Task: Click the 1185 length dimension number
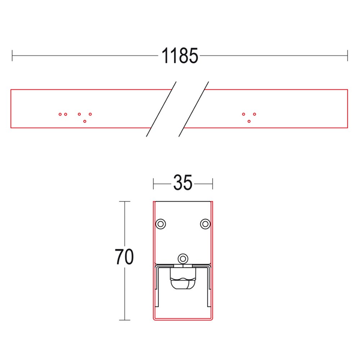pos(180,56)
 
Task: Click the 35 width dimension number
pos(183,183)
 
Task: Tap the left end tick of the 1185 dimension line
pos(12,56)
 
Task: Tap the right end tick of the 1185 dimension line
pos(347,56)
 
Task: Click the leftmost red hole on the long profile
pos(60,114)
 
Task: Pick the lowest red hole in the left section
pos(85,121)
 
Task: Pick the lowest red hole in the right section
pos(249,121)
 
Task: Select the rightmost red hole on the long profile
pos(255,114)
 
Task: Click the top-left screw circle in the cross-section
pos(160,224)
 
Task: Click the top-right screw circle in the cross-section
pos(205,224)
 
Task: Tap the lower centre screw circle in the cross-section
pos(183,258)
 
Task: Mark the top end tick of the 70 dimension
pos(125,202)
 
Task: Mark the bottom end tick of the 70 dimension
pos(125,320)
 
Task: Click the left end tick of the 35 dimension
pos(154,183)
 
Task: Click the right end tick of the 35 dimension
pos(213,183)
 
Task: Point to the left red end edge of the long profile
pos(11,108)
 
